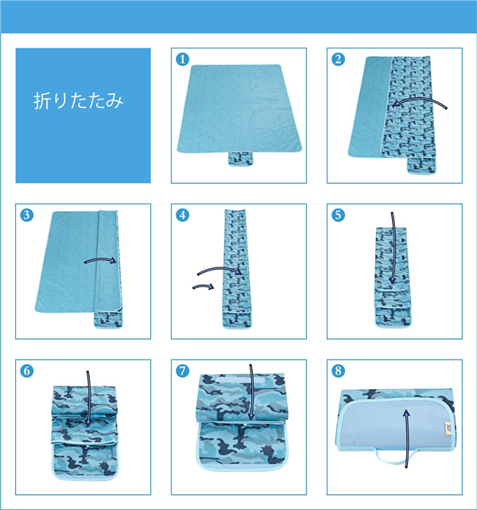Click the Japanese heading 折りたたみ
79,100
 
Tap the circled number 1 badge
182,59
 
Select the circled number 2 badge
338,59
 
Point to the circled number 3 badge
27,215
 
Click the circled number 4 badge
182,215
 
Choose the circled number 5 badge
338,215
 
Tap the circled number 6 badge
27,371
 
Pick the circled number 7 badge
182,371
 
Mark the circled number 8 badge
338,371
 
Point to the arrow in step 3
101,259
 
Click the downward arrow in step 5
394,247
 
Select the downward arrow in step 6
88,399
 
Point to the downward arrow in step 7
251,392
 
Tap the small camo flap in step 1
240,158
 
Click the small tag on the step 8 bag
448,426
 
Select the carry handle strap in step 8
394,459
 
